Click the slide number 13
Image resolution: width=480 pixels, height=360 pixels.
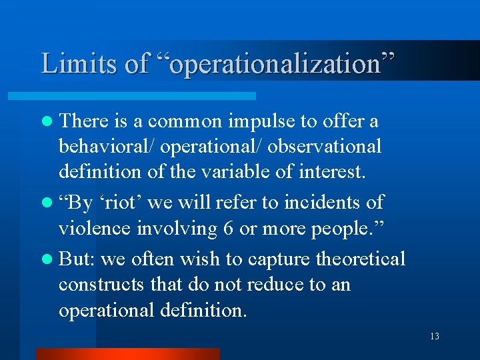435,336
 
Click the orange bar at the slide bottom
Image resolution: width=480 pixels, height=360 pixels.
127,353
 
